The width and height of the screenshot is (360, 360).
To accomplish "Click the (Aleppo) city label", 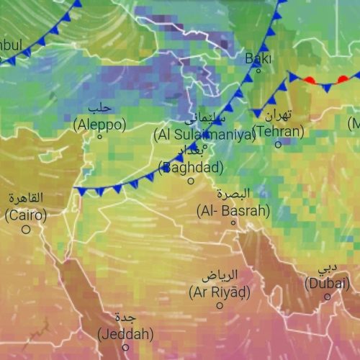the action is point(99,125).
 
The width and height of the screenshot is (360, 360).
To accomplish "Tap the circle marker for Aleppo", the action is point(100,137).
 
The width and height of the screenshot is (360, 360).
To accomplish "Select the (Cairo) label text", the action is point(26,215).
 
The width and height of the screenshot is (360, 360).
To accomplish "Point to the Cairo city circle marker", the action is point(26,229).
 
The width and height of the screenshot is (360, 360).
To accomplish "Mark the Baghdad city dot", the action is point(191,181).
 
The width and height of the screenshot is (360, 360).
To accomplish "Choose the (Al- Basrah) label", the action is point(233,211).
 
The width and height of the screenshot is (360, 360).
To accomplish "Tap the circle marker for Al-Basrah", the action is point(233,222).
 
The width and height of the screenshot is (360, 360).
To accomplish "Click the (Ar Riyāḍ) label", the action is point(220,292).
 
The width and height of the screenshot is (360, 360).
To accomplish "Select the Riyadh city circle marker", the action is point(220,305).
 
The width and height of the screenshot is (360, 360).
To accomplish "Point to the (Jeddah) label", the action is point(125,334).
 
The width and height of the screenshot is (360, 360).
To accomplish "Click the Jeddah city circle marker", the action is point(125,347).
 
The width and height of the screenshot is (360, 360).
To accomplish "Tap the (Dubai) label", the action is point(327,283).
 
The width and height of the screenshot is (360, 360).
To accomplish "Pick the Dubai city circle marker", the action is point(327,295).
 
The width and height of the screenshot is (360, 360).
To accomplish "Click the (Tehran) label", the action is point(279,132).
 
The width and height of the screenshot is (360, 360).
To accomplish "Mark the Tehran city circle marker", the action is point(278,144).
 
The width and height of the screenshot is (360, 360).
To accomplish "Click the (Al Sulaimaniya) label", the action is point(204,134).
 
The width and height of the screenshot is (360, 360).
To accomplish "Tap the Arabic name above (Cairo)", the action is point(26,198).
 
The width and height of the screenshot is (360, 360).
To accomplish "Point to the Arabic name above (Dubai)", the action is point(328,268).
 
